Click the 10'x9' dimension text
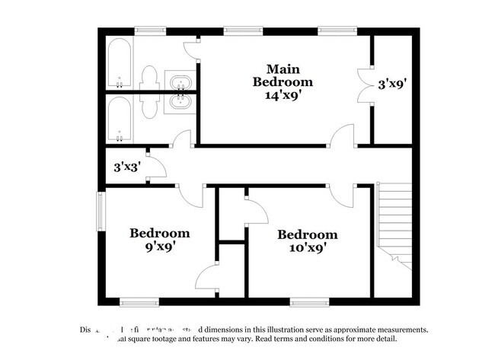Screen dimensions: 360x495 click(x=307, y=248)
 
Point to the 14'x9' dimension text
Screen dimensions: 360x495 click(x=283, y=95)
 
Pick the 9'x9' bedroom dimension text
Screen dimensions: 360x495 click(x=158, y=247)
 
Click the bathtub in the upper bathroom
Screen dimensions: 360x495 click(x=119, y=64)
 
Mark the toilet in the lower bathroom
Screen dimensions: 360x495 click(x=150, y=107)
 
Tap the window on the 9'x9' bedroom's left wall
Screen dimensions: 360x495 click(x=100, y=210)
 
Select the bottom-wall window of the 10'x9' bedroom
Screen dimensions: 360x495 click(x=308, y=300)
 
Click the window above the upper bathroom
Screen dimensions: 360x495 click(x=151, y=31)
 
